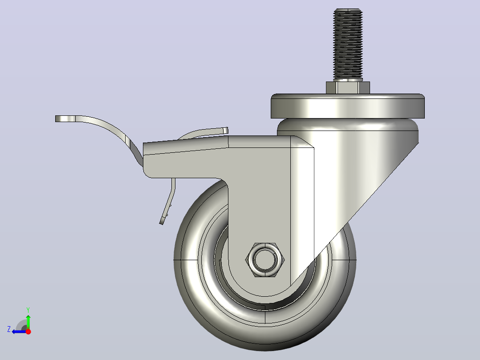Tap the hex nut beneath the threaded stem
(x=348, y=88)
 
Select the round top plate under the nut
(x=348, y=106)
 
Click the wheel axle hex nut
(x=265, y=260)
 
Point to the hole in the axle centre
(x=265, y=260)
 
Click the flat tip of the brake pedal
(x=65, y=119)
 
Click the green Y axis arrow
(x=28, y=322)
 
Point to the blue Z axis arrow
(x=19, y=331)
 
